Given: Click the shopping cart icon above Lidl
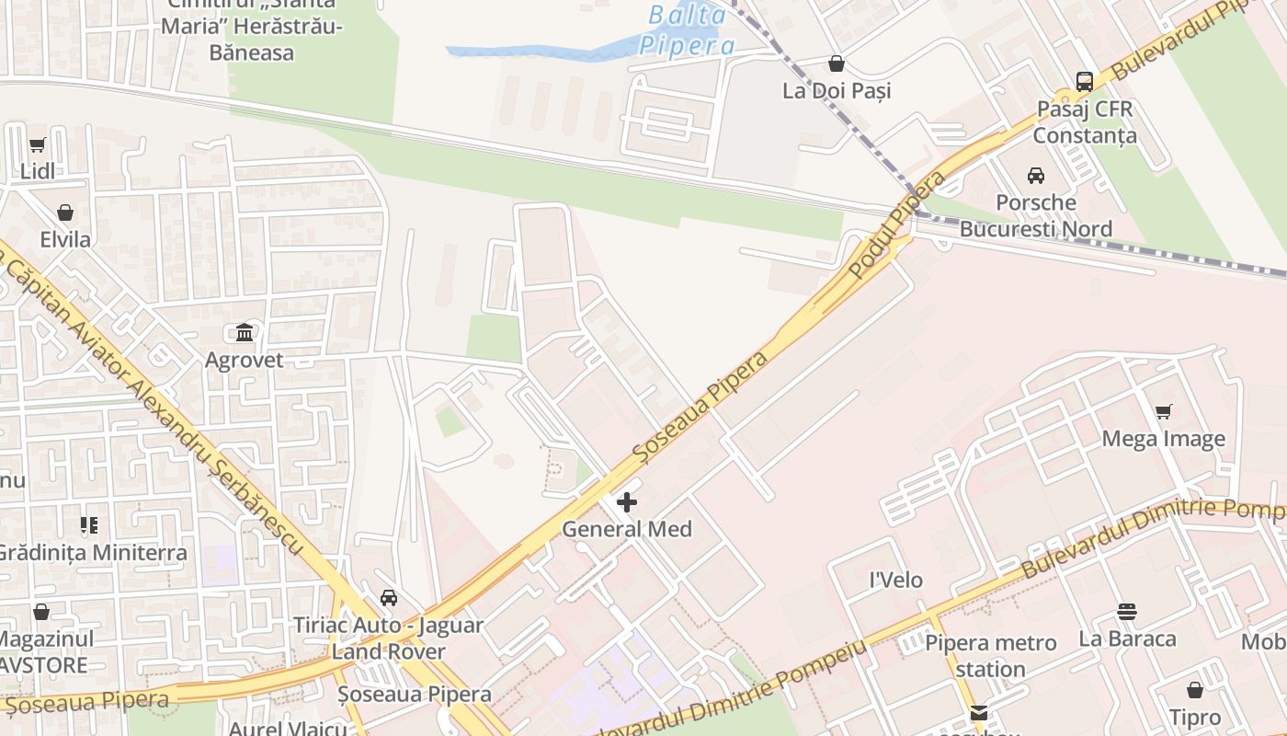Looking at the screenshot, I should (38, 144).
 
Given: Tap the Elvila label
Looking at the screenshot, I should (65, 240).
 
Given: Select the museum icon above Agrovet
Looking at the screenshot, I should (245, 332).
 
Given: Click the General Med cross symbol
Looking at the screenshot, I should (627, 502).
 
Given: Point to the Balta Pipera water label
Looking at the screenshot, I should (686, 30).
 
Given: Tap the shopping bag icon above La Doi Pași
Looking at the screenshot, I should (837, 63).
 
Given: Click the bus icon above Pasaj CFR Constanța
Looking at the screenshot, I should (1085, 81).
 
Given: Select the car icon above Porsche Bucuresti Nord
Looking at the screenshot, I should (1036, 175).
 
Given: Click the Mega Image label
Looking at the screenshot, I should (1163, 439).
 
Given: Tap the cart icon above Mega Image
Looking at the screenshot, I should (1164, 411).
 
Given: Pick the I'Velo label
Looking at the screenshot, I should (896, 581).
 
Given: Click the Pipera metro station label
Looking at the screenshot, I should (991, 656).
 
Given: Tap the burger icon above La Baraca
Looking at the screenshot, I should (1127, 612).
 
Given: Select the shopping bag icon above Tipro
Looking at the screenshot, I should (1195, 690).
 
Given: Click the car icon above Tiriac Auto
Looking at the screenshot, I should (389, 598).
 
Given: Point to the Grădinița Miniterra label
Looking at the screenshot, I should (92, 553).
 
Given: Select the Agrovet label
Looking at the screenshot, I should (245, 360).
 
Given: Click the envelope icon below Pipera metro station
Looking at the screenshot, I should (978, 713).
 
